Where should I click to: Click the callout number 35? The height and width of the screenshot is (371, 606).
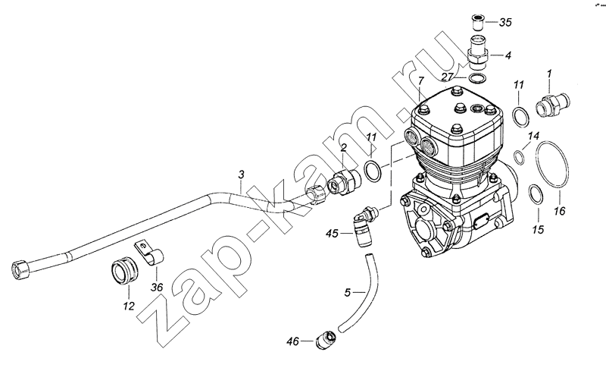(x=504, y=23)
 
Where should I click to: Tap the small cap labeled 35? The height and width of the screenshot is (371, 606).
(x=478, y=22)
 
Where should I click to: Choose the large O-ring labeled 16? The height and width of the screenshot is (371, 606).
(x=553, y=164)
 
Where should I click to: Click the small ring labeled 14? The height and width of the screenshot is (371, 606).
(x=519, y=158)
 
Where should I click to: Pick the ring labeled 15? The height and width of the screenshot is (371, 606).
(x=536, y=194)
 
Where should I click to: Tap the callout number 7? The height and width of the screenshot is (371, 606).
(x=421, y=81)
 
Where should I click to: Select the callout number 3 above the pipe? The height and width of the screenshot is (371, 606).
(x=241, y=174)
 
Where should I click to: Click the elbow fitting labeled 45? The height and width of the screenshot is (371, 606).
(x=364, y=227)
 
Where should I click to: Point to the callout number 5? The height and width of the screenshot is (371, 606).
(x=348, y=292)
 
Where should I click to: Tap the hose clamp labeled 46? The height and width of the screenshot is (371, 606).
(x=325, y=341)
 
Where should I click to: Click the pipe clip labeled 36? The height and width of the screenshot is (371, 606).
(x=149, y=253)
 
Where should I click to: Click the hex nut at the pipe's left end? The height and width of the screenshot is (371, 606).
(x=20, y=269)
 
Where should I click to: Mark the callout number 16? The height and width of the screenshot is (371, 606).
(x=560, y=211)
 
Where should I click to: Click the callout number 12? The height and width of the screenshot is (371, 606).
(x=129, y=306)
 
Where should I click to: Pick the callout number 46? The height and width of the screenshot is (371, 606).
(x=293, y=341)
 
